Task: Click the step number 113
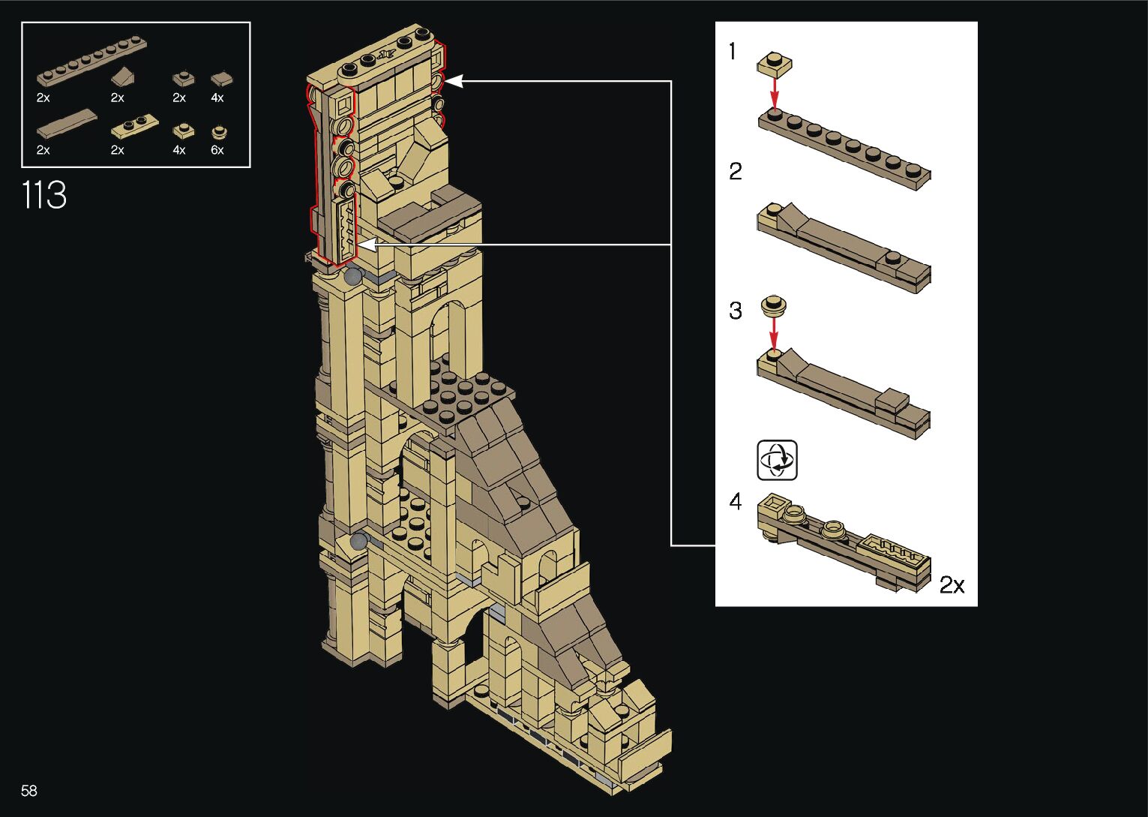(x=44, y=195)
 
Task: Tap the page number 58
(x=29, y=790)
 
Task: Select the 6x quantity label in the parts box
(x=217, y=150)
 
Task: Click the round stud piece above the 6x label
(x=220, y=133)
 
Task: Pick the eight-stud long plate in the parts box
(x=92, y=60)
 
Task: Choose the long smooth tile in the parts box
(x=67, y=124)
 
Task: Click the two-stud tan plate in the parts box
(x=135, y=126)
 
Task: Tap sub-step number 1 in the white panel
(x=733, y=51)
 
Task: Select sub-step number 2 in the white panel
(x=736, y=171)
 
